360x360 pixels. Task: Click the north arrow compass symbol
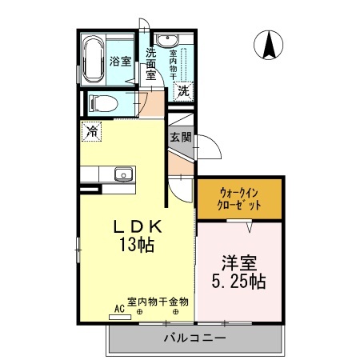(269, 46)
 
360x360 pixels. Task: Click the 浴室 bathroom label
(120, 60)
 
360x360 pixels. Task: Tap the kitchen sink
(122, 174)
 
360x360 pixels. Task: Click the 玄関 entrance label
(180, 137)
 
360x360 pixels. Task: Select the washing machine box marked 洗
(183, 91)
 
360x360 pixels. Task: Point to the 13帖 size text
(137, 246)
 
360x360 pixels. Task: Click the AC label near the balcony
(119, 307)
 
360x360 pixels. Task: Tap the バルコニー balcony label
(194, 338)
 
